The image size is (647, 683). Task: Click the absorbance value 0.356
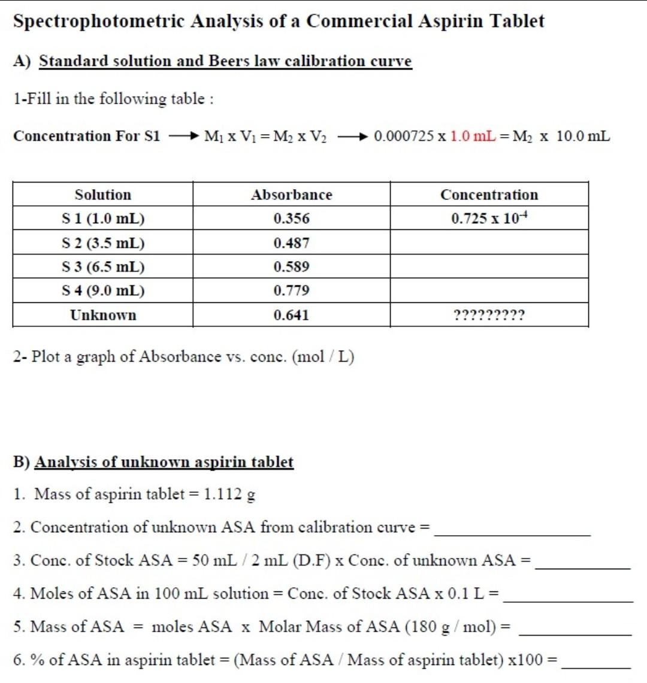coord(291,218)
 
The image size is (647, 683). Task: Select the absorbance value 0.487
coord(291,243)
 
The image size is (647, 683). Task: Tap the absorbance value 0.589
coord(291,266)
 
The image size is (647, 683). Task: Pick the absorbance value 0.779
coord(291,290)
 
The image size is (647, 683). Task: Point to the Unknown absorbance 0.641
coord(291,315)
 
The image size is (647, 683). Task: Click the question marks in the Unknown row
coord(489,315)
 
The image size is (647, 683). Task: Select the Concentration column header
coord(489,195)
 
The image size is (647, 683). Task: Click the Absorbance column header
coord(291,195)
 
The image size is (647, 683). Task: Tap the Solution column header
coord(102,195)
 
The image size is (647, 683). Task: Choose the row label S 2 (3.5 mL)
coord(103,243)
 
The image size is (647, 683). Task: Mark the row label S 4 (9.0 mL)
coord(103,290)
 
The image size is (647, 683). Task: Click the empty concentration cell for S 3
coord(489,266)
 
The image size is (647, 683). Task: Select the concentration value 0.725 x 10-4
coord(489,218)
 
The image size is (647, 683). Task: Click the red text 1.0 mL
coord(473,136)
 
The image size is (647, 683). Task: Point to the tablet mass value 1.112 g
coord(229,494)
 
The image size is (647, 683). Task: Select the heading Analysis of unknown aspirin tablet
coord(164,462)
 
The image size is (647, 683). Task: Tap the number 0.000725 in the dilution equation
coord(404,136)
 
